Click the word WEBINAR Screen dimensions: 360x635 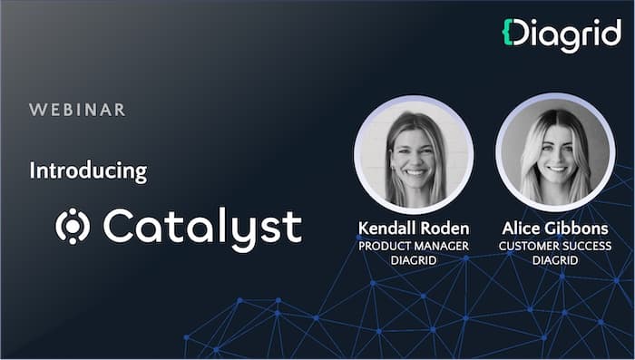(x=77, y=111)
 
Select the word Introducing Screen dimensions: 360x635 (x=88, y=170)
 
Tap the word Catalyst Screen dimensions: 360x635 (x=201, y=227)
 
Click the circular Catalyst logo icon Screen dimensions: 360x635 (x=72, y=227)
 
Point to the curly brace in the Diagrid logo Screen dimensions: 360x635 (x=509, y=32)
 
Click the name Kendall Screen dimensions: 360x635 (x=389, y=228)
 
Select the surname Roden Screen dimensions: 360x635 (x=445, y=228)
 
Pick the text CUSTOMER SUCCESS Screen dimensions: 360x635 (x=555, y=246)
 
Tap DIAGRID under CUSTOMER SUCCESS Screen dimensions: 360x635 (x=555, y=261)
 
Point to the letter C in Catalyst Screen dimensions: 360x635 (x=119, y=227)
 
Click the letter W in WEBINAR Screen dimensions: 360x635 (x=36, y=111)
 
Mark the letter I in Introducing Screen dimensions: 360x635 (x=33, y=170)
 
